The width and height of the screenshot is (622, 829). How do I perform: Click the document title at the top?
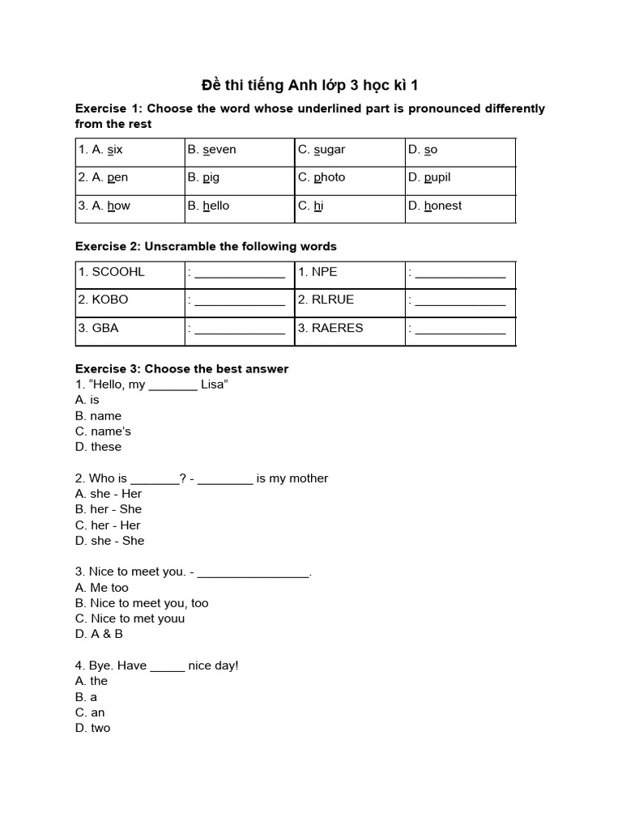pyautogui.click(x=309, y=85)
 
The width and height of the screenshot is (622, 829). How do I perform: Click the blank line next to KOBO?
pyautogui.click(x=240, y=301)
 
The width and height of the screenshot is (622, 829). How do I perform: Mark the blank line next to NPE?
pyautogui.click(x=460, y=274)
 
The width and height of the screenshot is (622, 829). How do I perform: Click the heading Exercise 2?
pyautogui.click(x=206, y=246)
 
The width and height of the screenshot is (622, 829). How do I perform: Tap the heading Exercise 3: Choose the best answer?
pyautogui.click(x=181, y=369)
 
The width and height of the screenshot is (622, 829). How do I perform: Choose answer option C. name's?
pyautogui.click(x=103, y=432)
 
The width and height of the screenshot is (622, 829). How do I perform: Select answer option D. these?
pyautogui.click(x=98, y=447)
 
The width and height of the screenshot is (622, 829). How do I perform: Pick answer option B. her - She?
pyautogui.click(x=109, y=509)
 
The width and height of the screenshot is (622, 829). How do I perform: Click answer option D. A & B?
pyautogui.click(x=99, y=634)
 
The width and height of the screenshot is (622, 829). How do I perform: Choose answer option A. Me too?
pyautogui.click(x=102, y=588)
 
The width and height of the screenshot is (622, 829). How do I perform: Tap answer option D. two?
pyautogui.click(x=93, y=728)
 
